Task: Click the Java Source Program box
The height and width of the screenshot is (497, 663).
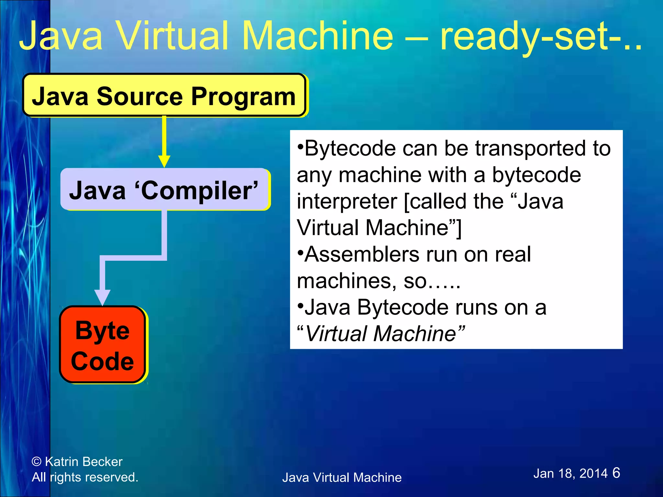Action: point(164,95)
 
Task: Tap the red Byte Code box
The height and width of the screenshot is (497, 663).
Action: point(102,345)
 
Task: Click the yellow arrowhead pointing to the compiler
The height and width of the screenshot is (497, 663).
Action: point(164,161)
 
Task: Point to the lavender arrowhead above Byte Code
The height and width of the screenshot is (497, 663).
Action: point(102,297)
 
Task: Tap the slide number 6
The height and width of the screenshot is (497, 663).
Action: point(616,473)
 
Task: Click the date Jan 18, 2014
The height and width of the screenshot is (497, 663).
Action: point(570,474)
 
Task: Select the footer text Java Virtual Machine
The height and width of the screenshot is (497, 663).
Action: point(342,478)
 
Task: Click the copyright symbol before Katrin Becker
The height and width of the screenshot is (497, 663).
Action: point(37,462)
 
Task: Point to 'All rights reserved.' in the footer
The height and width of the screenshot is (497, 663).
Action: point(85,477)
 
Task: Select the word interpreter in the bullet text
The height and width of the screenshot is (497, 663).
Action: point(347,202)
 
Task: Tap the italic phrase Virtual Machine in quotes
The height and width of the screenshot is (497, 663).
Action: point(381,334)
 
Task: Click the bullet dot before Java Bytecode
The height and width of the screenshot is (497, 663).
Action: point(300,304)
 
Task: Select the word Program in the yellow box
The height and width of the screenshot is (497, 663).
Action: point(243,96)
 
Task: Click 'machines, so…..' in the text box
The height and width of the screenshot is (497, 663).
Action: point(378,281)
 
